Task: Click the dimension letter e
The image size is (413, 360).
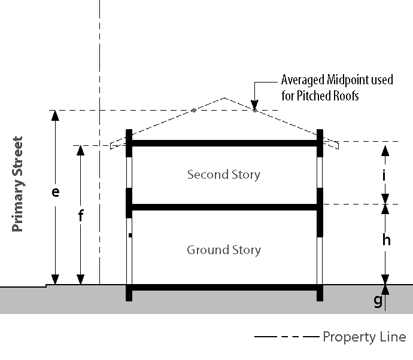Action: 56,193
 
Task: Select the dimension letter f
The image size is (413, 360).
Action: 81,216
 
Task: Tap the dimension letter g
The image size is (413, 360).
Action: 378,300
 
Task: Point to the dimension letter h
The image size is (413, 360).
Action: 386,240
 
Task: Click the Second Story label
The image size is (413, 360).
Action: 224,175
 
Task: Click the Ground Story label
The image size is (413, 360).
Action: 224,249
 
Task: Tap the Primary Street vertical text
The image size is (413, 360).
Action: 17,184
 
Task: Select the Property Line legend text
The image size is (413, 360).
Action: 364,337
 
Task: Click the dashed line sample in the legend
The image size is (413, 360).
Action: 286,337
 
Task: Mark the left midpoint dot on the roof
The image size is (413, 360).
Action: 193,110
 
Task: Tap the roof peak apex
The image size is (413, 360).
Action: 224,97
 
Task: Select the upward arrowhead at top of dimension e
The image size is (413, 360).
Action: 56,115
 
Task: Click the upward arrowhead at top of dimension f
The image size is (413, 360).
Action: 81,150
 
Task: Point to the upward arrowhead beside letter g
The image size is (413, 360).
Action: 385,289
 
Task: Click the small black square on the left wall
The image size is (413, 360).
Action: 130,236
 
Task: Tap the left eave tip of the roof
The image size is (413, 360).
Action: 111,145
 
